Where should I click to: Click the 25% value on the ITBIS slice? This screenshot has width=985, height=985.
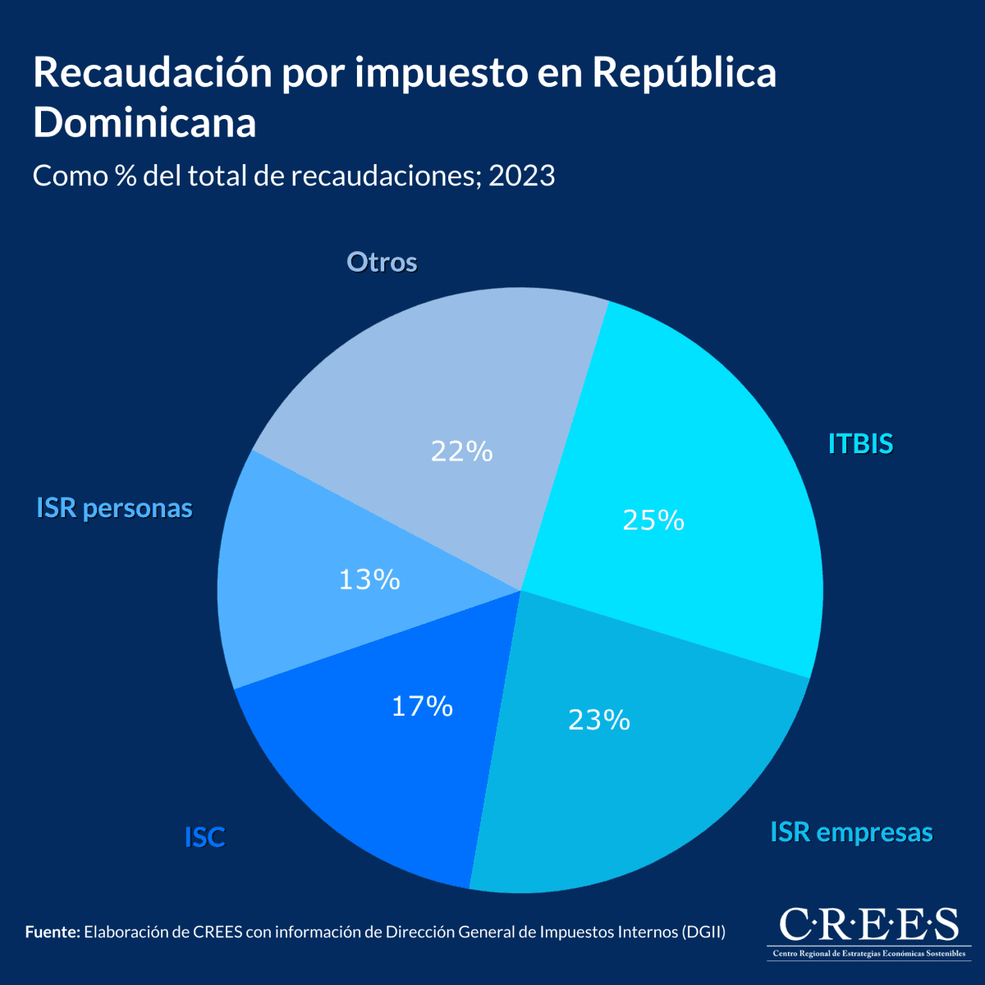653,520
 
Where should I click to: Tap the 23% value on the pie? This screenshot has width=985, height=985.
599,720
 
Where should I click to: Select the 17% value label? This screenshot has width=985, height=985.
422,706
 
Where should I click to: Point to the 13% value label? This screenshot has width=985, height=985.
369,580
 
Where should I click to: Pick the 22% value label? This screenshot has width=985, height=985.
461,451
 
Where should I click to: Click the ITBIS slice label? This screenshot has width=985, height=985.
860,444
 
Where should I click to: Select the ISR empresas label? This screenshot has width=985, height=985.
851,832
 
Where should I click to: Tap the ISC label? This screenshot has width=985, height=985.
204,837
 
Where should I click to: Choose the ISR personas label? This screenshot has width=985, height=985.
114,508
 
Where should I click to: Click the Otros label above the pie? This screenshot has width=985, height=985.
382,263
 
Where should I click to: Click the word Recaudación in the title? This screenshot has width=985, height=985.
153,73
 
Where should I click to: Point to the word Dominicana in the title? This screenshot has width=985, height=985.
144,123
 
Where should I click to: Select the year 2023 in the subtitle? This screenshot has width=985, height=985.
522,176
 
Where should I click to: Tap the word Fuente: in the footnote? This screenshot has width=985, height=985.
53,932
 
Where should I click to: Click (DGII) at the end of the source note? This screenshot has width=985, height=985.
703,932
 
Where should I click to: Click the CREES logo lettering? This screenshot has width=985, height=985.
868,925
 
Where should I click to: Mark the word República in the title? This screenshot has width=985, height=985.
684,73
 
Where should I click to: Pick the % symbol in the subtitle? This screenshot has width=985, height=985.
126,176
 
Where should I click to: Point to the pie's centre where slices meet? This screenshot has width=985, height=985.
521,589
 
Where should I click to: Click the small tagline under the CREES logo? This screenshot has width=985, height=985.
868,954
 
